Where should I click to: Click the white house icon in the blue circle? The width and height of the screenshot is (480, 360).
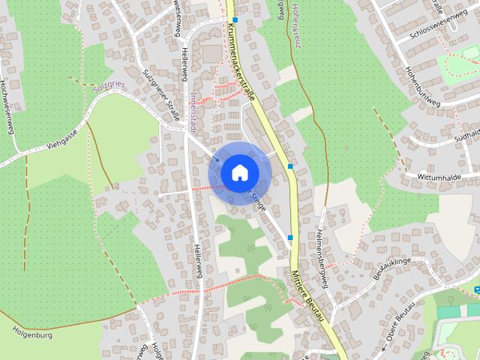click(238, 172)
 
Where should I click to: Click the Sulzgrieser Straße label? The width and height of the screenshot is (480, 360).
click(161, 94)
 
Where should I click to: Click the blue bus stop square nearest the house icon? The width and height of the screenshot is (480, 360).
click(290, 166)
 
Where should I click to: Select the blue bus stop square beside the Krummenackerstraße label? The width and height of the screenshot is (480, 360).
click(235, 19)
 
